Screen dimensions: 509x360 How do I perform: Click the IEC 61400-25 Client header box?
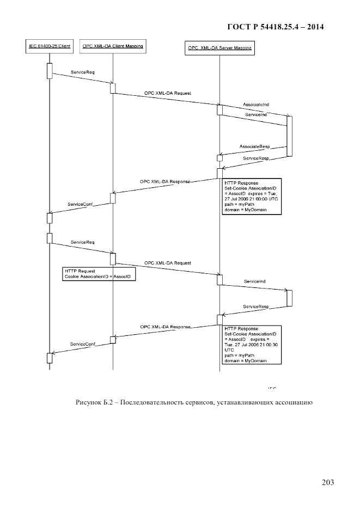coord(48,47)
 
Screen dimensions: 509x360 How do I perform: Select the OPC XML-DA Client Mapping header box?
coord(112,47)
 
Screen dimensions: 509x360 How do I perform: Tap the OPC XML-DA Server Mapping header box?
coord(219,48)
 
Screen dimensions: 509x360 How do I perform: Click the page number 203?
coord(327,482)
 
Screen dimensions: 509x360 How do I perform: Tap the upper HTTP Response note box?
coord(252,196)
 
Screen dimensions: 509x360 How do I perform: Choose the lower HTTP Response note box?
coord(252,345)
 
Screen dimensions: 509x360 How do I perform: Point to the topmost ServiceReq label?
coord(83,72)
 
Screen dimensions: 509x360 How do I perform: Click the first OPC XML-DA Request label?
coord(168,93)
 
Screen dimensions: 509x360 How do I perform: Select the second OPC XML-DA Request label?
coord(168,263)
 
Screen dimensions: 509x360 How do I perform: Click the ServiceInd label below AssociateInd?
coord(255,115)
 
